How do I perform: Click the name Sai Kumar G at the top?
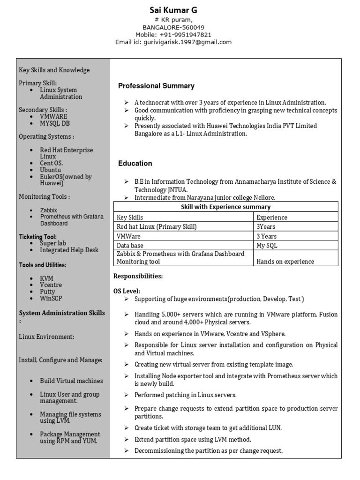(173, 10)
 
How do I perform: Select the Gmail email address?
(191, 42)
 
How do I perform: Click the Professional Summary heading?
(156, 86)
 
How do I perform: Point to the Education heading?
(135, 164)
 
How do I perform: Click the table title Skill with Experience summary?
(225, 207)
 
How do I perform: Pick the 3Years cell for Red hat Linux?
(266, 227)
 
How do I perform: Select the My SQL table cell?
(267, 246)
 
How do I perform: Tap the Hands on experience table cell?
(285, 262)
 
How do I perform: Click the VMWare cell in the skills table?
(128, 236)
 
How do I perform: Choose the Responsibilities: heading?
(138, 277)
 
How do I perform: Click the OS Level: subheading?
(127, 291)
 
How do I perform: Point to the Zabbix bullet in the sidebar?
(48, 210)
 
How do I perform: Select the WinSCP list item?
(51, 298)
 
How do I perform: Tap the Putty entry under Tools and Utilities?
(47, 292)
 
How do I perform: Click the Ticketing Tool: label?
(37, 237)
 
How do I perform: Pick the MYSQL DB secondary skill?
(55, 124)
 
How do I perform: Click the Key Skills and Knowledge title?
(54, 70)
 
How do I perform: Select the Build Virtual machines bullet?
(71, 381)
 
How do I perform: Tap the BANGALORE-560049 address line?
(173, 28)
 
